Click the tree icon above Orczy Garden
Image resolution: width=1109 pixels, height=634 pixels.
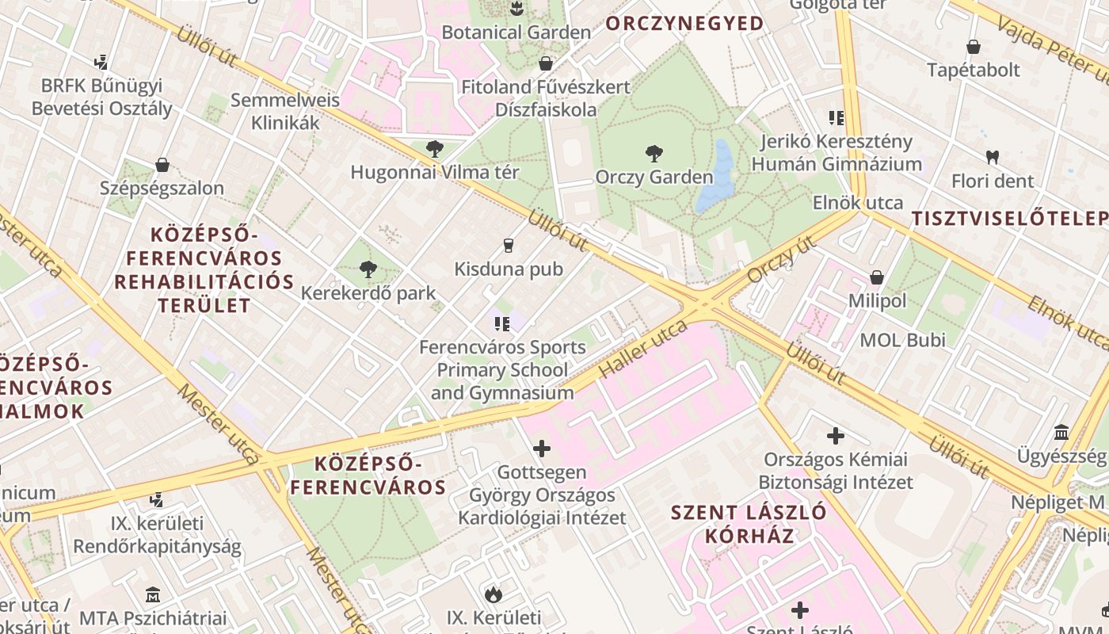(x=654, y=153)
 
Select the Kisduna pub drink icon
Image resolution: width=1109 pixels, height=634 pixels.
(x=509, y=246)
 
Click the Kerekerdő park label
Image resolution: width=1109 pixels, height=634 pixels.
(x=368, y=293)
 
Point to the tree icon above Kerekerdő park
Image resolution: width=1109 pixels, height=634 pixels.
(x=368, y=269)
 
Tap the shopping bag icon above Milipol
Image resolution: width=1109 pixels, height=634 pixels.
(x=876, y=277)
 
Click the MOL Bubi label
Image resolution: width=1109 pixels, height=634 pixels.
(x=903, y=341)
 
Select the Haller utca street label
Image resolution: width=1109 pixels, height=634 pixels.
(x=642, y=349)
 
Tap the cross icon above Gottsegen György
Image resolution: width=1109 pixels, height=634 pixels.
(x=542, y=449)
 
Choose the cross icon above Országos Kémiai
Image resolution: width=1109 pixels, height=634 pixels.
(x=836, y=436)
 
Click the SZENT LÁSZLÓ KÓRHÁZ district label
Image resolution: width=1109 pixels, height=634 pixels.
(x=749, y=523)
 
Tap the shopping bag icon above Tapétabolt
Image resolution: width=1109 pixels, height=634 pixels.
(x=974, y=47)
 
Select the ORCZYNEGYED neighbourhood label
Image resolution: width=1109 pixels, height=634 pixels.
(x=685, y=24)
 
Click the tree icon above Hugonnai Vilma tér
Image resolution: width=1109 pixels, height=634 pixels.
(x=434, y=148)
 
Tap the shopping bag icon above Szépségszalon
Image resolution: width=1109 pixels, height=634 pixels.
(x=162, y=165)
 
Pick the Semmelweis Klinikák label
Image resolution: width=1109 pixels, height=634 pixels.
(x=285, y=112)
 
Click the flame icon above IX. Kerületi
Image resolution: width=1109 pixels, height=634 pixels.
(x=494, y=594)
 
